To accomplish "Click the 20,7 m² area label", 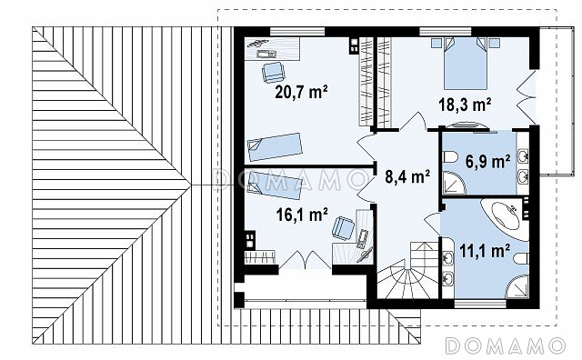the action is point(301,92).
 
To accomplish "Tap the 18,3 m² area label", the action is point(465,105).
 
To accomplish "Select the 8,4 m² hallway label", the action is point(407,176).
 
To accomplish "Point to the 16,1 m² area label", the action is point(302,215).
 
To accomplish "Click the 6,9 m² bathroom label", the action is point(487,162).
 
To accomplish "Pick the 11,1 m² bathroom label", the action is point(485,251).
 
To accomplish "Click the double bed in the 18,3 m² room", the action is point(466,63).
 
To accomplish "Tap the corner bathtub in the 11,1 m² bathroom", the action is point(506,219).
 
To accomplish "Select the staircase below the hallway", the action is point(407,270).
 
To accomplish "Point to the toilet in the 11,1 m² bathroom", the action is point(521,259).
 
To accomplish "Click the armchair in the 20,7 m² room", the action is point(273,72).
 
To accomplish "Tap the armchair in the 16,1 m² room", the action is point(343,228).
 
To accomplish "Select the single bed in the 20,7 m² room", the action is point(275,146).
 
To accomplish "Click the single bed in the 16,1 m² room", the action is point(275,185).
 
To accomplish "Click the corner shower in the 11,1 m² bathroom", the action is point(517,286).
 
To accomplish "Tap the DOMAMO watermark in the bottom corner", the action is point(505,345).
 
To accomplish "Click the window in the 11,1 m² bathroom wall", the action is point(480,304).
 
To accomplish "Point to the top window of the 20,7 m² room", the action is point(297,31).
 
